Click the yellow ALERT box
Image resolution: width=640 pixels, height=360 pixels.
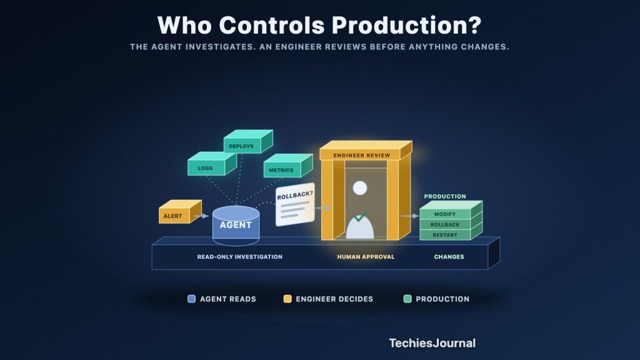coord(180,212)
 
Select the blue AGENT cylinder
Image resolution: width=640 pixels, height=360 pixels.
coord(236,225)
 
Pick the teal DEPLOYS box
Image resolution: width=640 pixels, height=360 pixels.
coord(248,141)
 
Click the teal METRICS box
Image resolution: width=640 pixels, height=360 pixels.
coord(288,166)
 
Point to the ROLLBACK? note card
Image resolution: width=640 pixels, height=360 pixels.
coord(295,204)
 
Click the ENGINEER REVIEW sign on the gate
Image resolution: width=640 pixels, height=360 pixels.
coord(366,151)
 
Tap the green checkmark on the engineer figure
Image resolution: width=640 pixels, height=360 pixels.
coord(360,216)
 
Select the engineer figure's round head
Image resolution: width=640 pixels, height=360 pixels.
coord(360,188)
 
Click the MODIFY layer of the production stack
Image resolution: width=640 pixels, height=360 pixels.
coord(445,214)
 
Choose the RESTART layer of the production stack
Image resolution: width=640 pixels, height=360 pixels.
coord(445,235)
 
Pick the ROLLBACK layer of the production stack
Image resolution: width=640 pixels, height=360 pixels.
coord(445,224)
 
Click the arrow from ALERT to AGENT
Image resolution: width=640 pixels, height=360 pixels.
coord(201,216)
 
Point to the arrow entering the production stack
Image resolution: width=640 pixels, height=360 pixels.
coord(410,216)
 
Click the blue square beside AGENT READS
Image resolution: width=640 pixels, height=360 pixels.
coord(191,299)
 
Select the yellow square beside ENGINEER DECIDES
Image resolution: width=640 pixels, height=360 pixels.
coord(287,299)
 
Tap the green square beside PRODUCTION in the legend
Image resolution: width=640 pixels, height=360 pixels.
coord(407,299)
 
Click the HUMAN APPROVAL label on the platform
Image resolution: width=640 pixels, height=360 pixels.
coord(366,257)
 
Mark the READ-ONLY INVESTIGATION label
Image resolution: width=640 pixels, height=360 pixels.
coord(239,257)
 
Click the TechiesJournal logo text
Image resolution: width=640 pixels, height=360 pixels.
coord(432,343)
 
